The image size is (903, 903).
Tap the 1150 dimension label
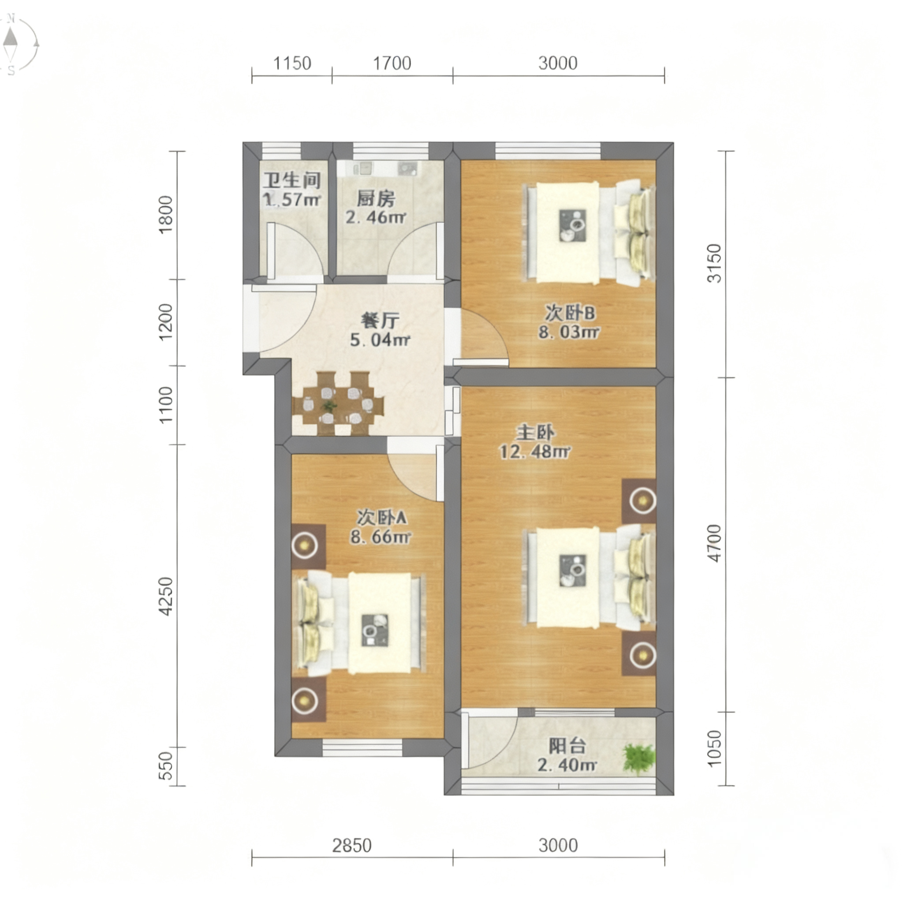click(x=292, y=63)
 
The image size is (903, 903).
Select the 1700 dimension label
click(x=392, y=63)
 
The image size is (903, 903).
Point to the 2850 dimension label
click(x=352, y=846)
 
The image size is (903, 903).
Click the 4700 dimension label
click(x=715, y=543)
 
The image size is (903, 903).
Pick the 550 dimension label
click(x=166, y=766)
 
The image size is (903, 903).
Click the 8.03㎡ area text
click(x=568, y=332)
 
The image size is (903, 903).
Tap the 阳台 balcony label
click(x=567, y=746)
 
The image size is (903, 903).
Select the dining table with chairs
click(x=338, y=403)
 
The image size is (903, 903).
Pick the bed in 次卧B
click(x=590, y=232)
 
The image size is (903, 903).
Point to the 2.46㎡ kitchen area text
click(x=375, y=217)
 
